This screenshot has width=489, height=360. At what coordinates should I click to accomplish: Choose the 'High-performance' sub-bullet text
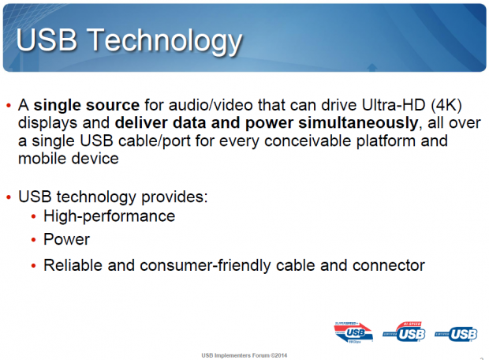click(109, 215)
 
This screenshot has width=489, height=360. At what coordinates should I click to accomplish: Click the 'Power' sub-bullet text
click(67, 239)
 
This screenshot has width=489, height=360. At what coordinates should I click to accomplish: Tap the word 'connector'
click(386, 265)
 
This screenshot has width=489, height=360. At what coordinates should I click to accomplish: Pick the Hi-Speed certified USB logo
click(404, 332)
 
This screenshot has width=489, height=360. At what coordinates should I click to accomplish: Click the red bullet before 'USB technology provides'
click(9, 195)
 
